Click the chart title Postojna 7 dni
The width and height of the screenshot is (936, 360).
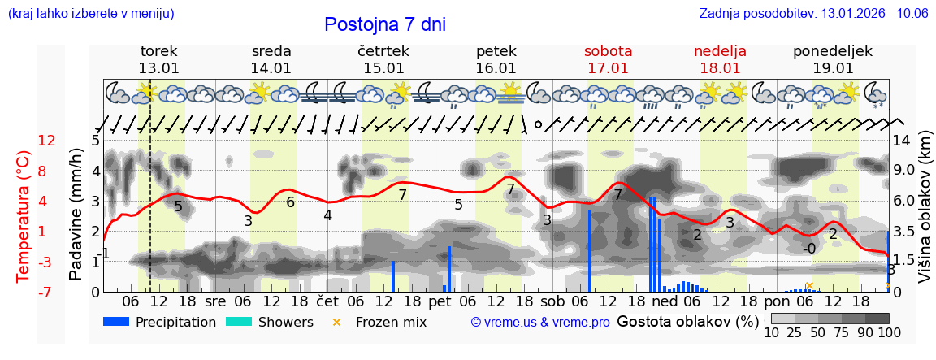pos(384,24)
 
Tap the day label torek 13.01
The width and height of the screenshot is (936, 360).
pos(158,59)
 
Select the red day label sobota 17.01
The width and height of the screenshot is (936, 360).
pos(608,59)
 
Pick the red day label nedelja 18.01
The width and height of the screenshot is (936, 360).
pos(720,59)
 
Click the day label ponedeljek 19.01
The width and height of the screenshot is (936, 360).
pos(833,59)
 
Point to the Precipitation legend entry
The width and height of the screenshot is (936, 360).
pos(160,322)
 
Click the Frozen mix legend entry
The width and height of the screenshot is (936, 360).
pos(382,322)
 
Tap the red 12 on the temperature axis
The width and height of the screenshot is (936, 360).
pos(46,141)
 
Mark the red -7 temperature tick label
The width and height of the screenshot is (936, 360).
pos(46,292)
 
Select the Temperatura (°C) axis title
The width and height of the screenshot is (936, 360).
pos(24,216)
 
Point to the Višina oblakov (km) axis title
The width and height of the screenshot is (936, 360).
pos(925,216)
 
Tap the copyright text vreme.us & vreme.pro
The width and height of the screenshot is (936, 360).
pos(540,323)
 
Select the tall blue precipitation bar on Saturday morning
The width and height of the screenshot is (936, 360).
pos(590,250)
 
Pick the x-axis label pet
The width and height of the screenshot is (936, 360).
pos(440,301)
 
